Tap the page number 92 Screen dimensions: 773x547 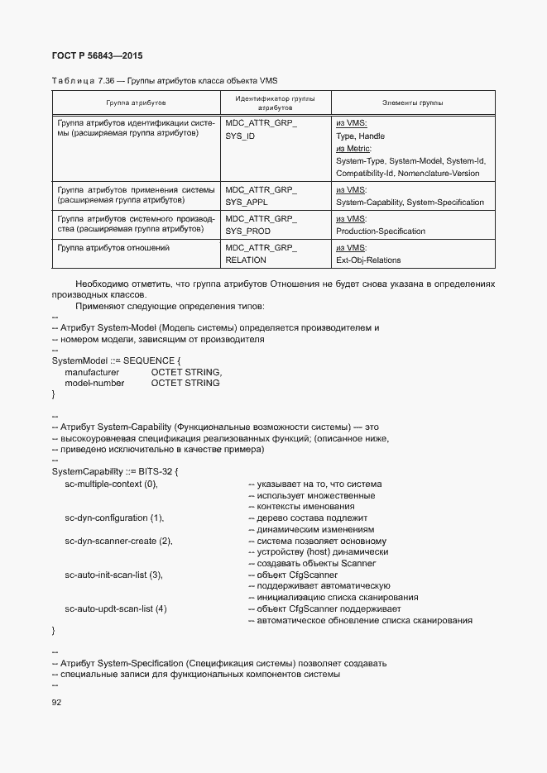57,703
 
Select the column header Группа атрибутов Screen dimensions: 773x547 136,103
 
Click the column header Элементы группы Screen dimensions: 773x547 412,103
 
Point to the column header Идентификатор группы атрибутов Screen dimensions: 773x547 275,103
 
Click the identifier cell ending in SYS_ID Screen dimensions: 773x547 261,129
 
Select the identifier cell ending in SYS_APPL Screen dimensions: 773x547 261,195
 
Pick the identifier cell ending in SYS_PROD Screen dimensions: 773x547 261,225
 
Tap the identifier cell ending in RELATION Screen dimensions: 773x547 261,254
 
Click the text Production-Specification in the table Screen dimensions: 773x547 381,231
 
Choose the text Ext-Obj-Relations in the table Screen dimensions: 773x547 368,260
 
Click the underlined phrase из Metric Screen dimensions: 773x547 353,148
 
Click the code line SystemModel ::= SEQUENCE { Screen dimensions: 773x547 116,360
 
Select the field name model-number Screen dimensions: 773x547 94,383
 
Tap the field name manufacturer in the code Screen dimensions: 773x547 92,372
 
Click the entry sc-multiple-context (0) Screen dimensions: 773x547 111,484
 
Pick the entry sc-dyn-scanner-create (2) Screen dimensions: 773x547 118,541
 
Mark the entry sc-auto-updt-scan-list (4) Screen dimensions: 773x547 116,609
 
